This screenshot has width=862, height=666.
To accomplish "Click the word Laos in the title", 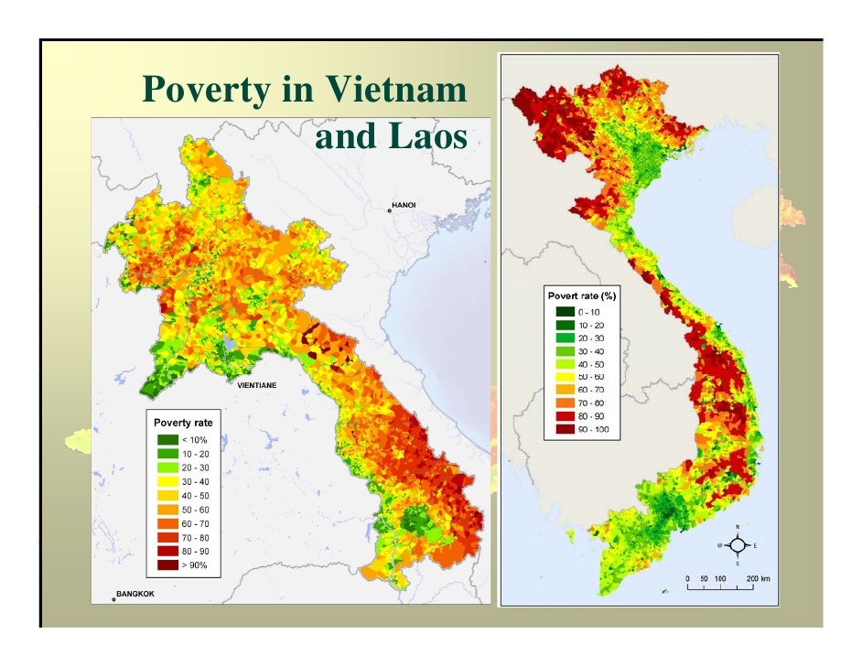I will point(429,136).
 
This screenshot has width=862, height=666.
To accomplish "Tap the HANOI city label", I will point(404,204).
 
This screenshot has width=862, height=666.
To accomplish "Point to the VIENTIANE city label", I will point(256,386).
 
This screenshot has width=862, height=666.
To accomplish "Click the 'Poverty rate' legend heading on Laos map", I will point(183,423).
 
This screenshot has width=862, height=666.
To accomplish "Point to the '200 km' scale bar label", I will point(758,579).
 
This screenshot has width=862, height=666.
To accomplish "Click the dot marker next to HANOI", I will point(389,210).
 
